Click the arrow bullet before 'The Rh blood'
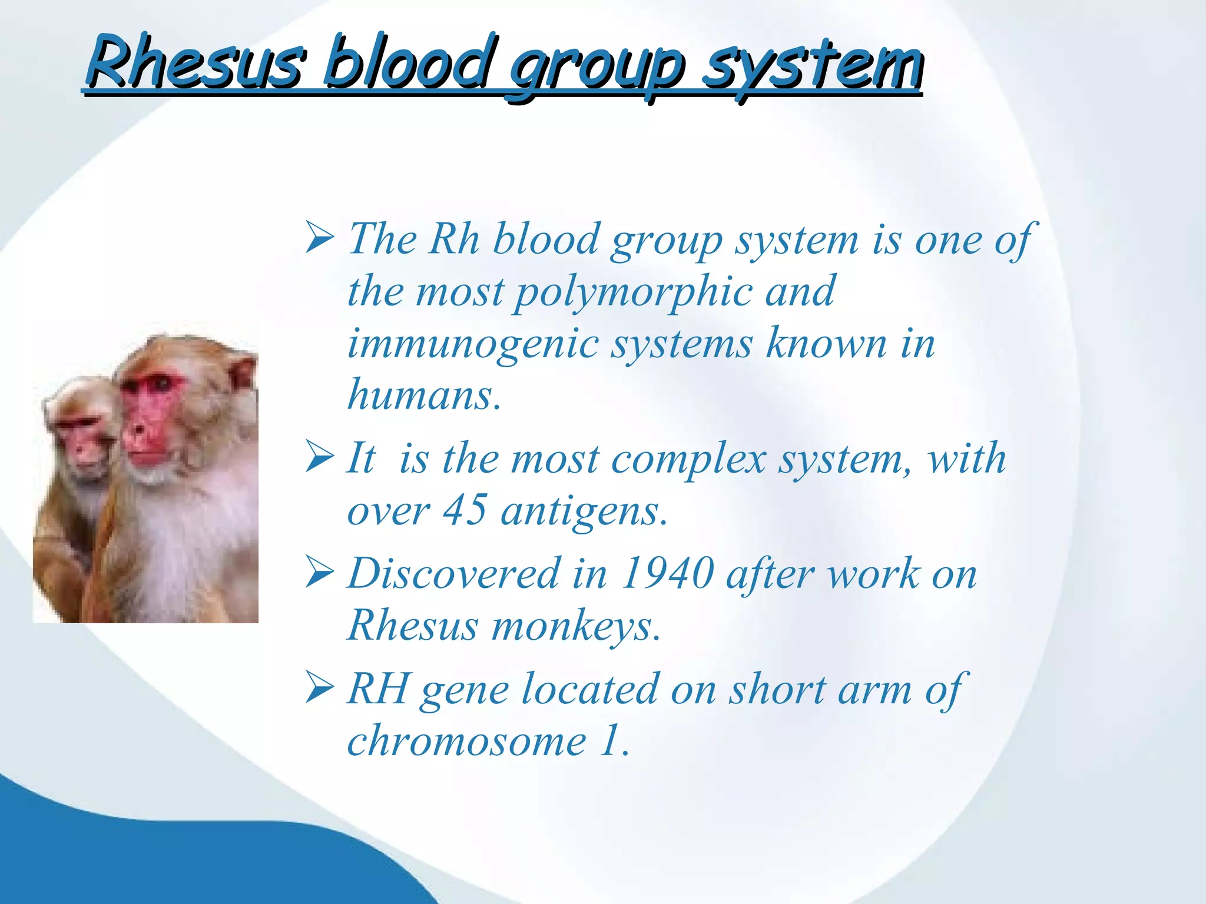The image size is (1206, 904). point(320,238)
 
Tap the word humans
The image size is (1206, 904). point(424,394)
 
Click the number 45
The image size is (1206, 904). point(465,510)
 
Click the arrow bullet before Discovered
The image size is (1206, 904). point(320,573)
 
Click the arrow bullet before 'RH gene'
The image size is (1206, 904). point(320,689)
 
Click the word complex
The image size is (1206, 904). point(689,459)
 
